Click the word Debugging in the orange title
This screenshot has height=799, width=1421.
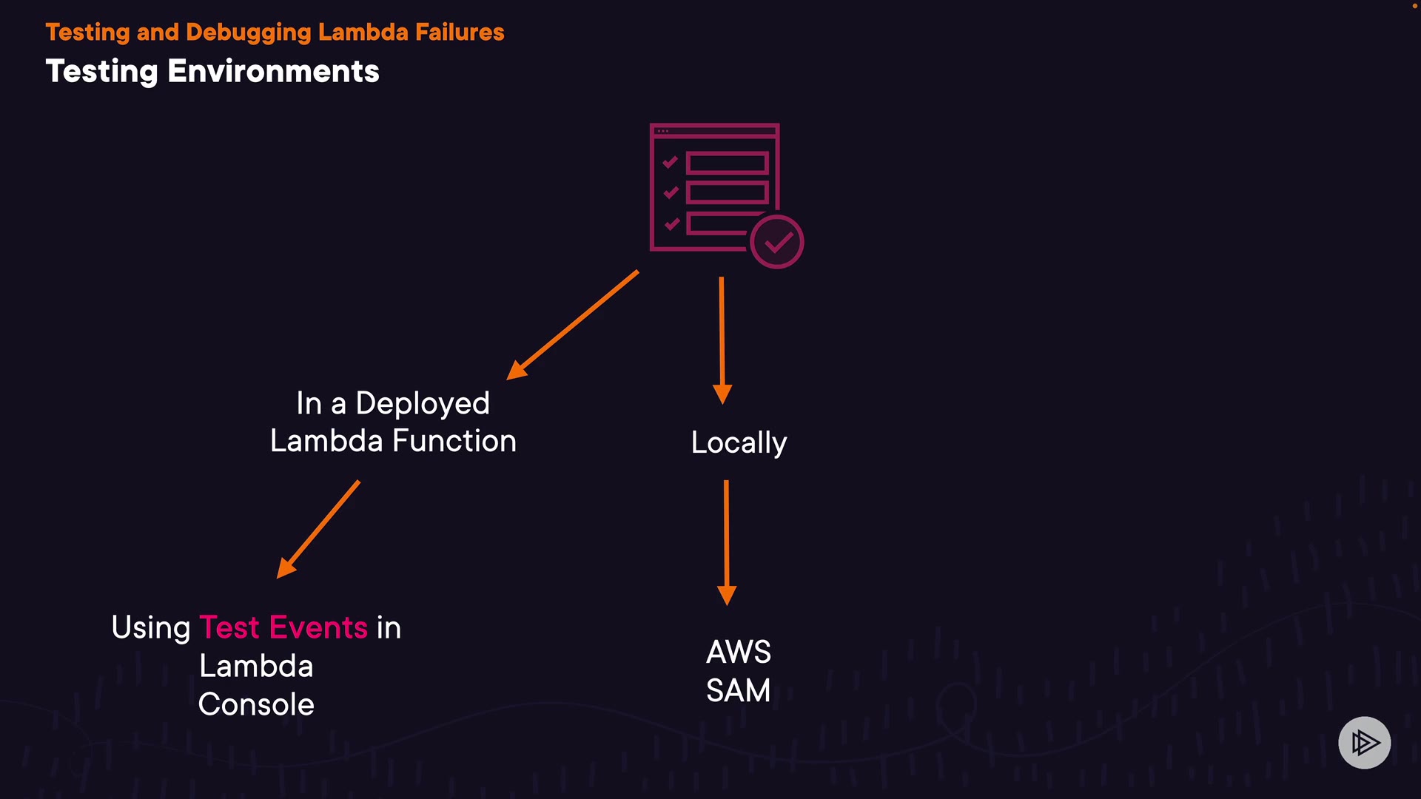point(249,33)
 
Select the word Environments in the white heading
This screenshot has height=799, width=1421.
point(273,72)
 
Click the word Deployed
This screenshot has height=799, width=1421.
point(423,404)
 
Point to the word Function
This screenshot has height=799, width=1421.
point(454,441)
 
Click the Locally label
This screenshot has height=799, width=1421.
point(739,443)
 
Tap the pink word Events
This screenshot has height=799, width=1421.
point(318,627)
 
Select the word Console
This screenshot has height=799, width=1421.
point(256,704)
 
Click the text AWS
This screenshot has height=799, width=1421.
point(739,653)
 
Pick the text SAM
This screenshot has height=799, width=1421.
point(739,691)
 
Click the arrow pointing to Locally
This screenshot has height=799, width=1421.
point(722,340)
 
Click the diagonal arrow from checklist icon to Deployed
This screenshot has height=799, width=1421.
point(572,326)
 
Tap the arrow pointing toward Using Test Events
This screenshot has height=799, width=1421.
point(318,529)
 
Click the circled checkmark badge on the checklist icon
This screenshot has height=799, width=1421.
point(776,242)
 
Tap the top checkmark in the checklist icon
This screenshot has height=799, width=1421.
point(671,162)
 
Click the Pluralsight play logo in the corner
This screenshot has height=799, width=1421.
point(1364,742)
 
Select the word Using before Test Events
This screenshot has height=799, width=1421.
point(151,628)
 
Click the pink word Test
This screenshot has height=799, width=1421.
point(229,627)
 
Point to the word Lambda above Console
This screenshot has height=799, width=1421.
point(256,666)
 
